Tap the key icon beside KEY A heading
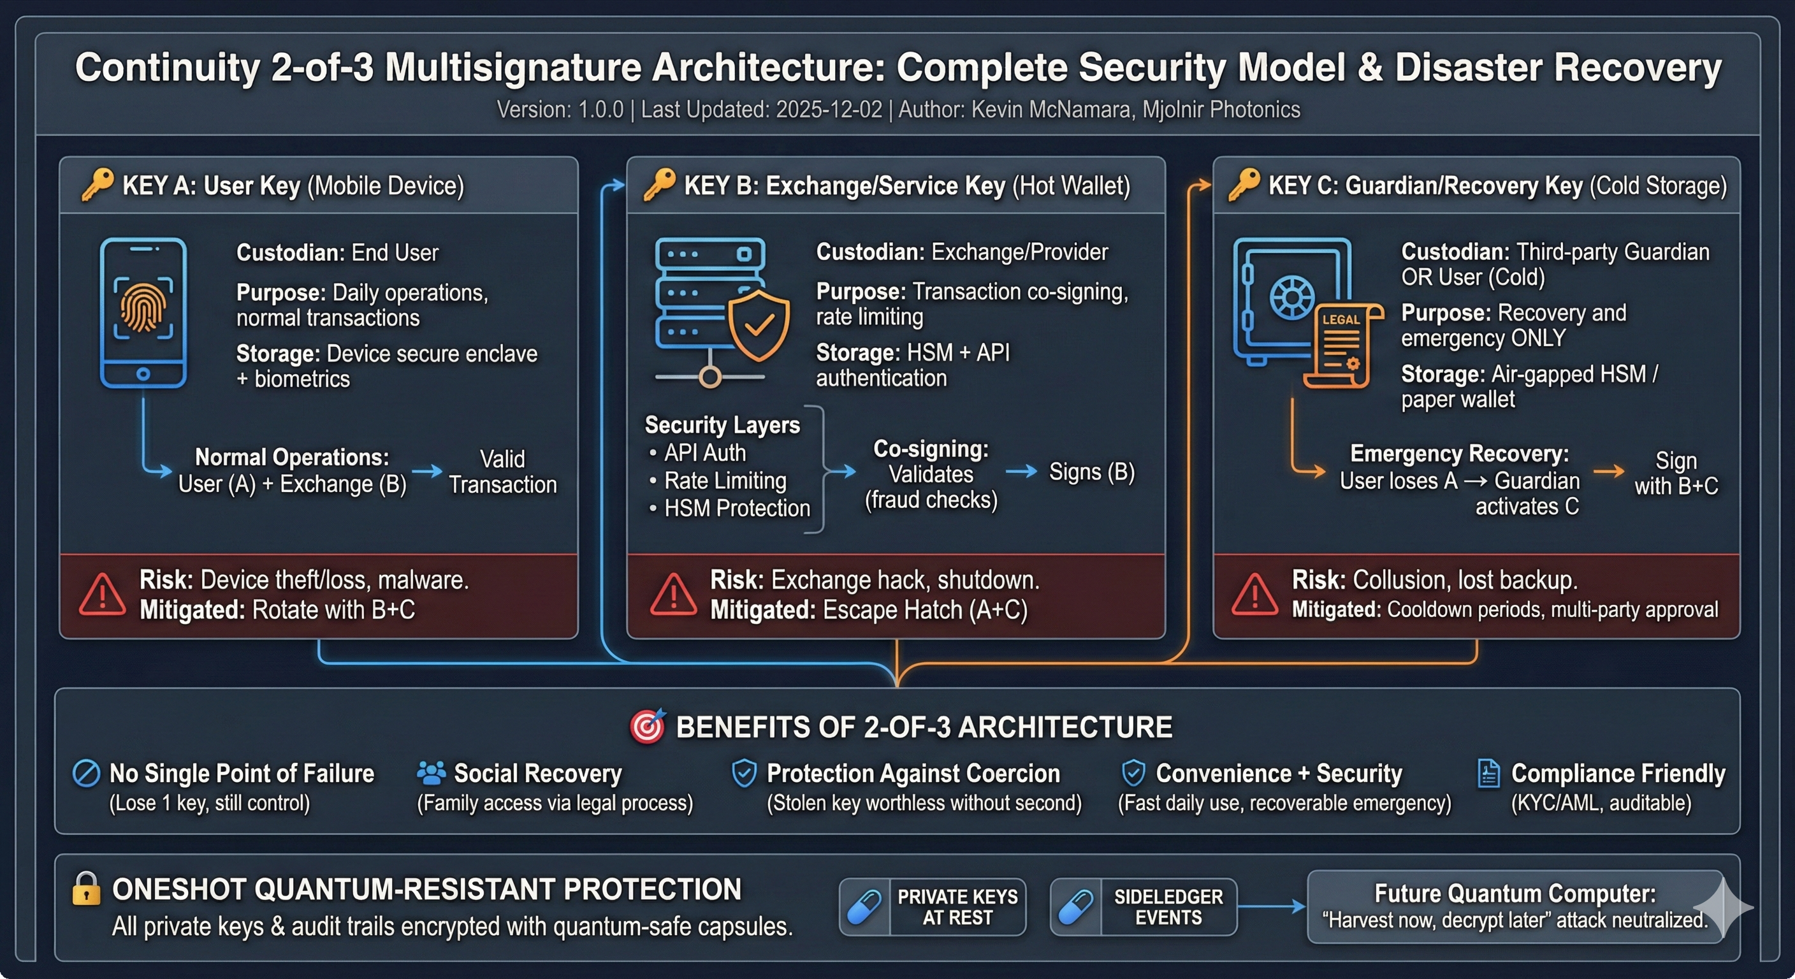click(97, 185)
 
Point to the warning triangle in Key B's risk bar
click(672, 596)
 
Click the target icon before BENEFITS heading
click(648, 727)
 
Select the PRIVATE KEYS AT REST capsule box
click(933, 906)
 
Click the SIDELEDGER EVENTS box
click(1144, 906)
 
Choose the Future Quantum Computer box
click(1516, 906)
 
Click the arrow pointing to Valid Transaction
click(427, 471)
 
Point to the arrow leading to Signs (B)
click(1022, 472)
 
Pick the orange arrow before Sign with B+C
click(1609, 472)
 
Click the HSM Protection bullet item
click(730, 508)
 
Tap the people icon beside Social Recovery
click(432, 772)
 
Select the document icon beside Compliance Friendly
click(1488, 773)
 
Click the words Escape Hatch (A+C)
click(925, 610)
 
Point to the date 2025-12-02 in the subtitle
click(829, 110)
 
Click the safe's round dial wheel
click(1291, 298)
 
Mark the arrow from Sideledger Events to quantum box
click(1272, 906)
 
